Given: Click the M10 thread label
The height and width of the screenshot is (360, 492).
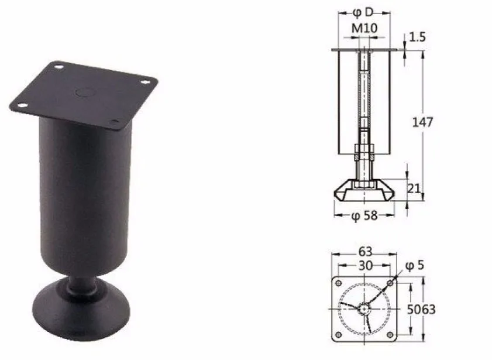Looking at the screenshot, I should [363, 28].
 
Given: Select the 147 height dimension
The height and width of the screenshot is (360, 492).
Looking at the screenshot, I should [422, 122].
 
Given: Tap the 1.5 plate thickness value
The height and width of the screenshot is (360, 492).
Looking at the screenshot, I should [418, 37].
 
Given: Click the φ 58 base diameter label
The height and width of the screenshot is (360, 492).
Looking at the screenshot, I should [364, 215].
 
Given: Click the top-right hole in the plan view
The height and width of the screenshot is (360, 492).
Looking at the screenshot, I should [389, 283].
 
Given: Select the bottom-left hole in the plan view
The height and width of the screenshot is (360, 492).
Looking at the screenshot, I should [339, 334].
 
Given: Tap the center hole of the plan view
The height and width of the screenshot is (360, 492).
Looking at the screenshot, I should [364, 308].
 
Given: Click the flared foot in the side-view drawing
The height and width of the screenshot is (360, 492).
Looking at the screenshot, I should [363, 190].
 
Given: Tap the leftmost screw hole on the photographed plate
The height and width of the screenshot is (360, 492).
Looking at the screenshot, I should [22, 105].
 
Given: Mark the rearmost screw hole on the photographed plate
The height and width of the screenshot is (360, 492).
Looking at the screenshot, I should [58, 68].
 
